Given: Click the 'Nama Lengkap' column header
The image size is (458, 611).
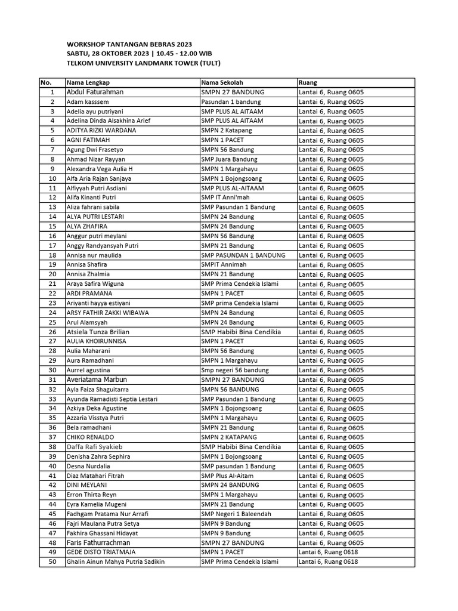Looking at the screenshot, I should click(x=88, y=82).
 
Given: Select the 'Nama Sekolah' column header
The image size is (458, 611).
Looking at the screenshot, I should click(x=222, y=82).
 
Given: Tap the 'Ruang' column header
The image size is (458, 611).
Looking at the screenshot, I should click(x=308, y=82).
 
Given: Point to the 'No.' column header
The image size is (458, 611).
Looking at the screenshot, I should click(x=47, y=82).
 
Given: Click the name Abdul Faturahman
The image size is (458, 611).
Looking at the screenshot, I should click(x=95, y=92).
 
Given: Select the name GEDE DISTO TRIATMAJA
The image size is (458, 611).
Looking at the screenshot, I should click(x=94, y=552).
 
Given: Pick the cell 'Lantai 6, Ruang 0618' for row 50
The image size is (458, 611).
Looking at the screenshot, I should click(x=329, y=561).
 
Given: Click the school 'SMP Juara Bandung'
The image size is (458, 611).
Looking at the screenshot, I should click(x=229, y=159).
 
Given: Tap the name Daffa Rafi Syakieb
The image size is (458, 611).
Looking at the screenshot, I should click(x=94, y=446).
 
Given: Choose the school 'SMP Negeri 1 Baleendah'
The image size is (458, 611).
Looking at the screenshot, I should click(x=236, y=514).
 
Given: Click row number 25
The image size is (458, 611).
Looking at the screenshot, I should click(x=52, y=322).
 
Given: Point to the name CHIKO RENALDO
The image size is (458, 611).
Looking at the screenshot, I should click(x=90, y=437).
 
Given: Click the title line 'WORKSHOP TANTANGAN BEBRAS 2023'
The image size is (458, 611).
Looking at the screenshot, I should click(x=129, y=44).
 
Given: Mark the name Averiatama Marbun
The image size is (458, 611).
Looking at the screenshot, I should click(x=96, y=379).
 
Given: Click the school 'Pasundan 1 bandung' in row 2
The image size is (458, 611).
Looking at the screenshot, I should click(x=231, y=102).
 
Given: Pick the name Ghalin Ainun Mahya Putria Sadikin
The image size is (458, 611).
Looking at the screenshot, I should click(x=115, y=561).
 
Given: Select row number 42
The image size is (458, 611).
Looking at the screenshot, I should click(x=52, y=485).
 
